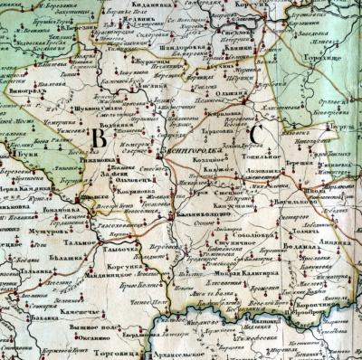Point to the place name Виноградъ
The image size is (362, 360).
click(x=22, y=90)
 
